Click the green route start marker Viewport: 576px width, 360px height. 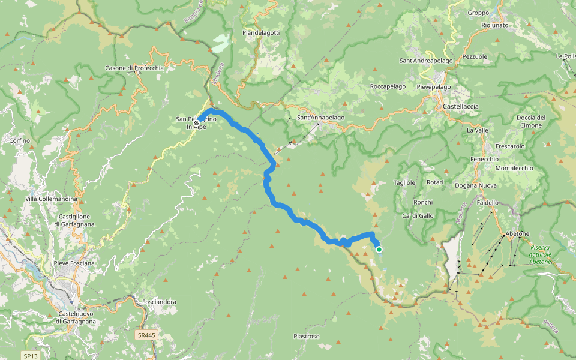[379, 250]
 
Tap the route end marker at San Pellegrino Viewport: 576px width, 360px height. [196, 123]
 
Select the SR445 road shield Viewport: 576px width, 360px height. [145, 335]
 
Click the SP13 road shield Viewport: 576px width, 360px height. [31, 356]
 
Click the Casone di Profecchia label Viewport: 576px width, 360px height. [134, 68]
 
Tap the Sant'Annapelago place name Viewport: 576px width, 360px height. [321, 118]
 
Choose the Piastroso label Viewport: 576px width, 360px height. [306, 336]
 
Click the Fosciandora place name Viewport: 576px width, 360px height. [159, 301]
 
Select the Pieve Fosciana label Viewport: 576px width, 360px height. [74, 263]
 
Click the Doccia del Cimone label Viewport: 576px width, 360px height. [530, 121]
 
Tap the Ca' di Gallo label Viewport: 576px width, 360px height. [418, 215]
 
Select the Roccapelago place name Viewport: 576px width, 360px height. [388, 86]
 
